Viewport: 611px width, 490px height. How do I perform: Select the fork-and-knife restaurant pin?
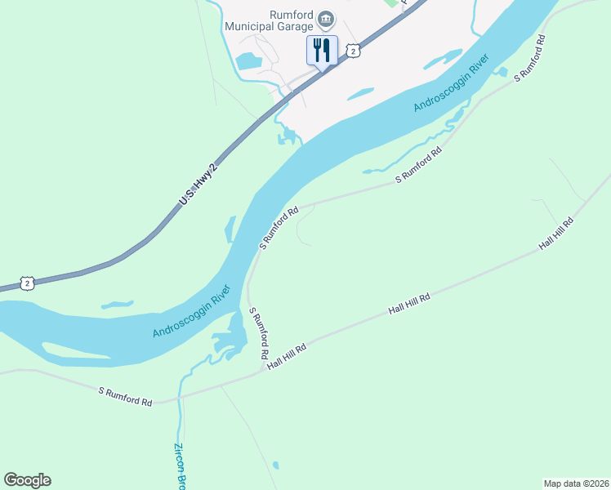pos(322,50)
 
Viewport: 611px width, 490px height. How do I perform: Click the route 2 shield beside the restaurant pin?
pos(353,51)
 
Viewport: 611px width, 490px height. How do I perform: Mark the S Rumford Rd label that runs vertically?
pos(259,334)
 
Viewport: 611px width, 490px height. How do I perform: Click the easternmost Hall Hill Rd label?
pos(556,234)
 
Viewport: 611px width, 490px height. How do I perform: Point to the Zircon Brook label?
pos(179,466)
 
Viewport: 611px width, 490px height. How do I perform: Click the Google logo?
pos(27,480)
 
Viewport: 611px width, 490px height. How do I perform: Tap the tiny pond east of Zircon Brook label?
pos(275,465)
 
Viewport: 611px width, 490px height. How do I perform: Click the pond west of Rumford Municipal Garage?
pos(248,60)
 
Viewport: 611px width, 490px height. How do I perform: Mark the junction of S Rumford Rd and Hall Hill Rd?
pos(264,368)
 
